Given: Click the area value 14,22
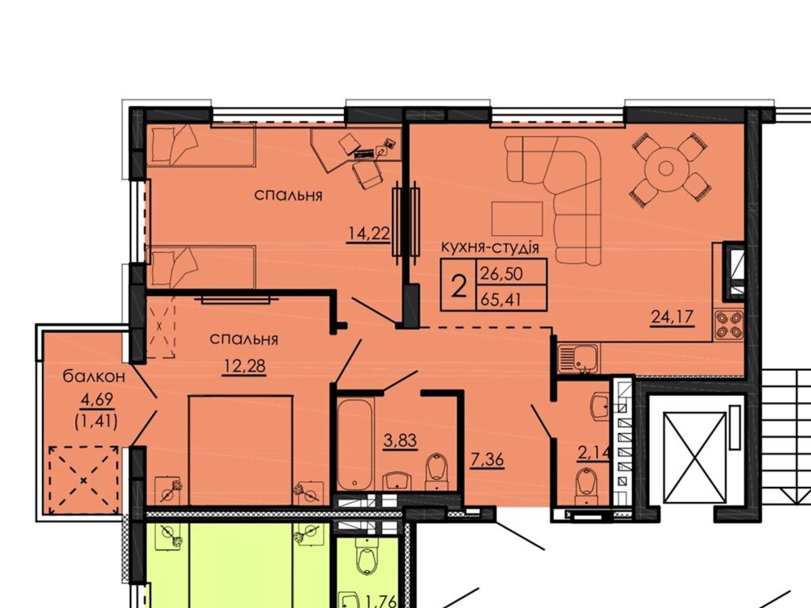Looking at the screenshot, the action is click(370, 234).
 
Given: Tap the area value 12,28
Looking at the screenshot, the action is click(244, 366).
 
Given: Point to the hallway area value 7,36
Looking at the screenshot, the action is click(487, 460).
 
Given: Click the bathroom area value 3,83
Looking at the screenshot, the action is click(401, 440).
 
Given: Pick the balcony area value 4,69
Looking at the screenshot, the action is click(97, 399).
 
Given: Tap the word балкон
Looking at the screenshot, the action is click(94, 377).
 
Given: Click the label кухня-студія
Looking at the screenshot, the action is click(490, 248).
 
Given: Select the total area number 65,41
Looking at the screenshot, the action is click(501, 299).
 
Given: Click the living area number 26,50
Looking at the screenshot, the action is click(501, 274).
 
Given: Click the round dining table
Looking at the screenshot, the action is click(666, 169).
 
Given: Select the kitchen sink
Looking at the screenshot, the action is click(579, 359).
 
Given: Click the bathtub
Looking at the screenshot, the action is click(355, 446).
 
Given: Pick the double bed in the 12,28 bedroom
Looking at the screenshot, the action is click(241, 450).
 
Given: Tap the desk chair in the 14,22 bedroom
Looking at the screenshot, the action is click(366, 176).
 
